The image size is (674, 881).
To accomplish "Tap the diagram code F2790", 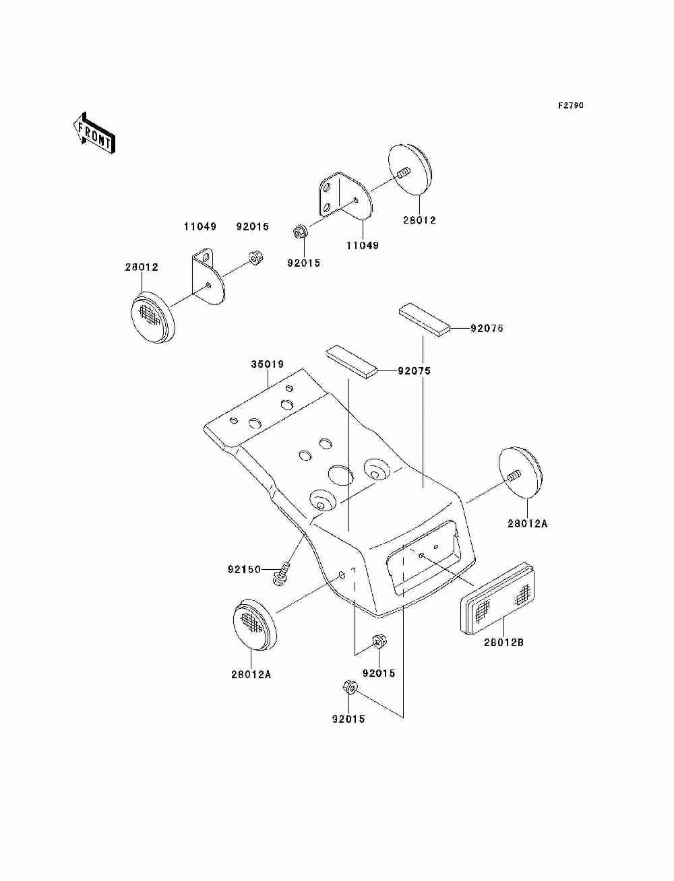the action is (570, 105).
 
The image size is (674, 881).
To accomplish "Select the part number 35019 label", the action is (268, 364).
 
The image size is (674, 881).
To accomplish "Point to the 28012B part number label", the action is (503, 643).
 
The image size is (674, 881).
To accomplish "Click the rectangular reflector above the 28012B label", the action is (497, 598).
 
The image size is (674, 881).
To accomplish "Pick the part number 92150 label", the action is (244, 569).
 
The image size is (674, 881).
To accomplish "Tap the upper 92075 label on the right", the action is (487, 328).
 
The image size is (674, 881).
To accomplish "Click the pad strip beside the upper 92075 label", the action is (425, 321).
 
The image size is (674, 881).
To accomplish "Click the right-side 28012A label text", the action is (528, 523).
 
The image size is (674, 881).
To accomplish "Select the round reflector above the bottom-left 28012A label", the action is (255, 630).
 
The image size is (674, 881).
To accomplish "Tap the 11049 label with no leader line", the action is (200, 226).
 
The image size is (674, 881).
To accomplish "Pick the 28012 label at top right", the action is (419, 220).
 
